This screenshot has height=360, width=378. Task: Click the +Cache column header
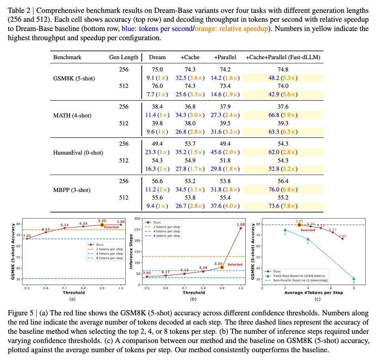point(190,57)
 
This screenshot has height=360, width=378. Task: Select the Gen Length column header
point(124,57)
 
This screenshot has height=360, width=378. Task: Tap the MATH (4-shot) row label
point(72,116)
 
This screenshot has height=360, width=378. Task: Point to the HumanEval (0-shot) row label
point(78,153)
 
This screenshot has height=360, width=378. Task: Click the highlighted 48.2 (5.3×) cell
point(283,78)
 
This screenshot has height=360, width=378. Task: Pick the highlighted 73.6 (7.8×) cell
point(283,206)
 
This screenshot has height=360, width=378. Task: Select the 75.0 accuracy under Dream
point(157,70)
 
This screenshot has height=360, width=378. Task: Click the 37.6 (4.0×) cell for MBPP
point(225,206)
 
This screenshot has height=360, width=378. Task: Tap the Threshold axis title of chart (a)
point(74,293)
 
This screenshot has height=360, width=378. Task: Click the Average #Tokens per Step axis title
point(314,293)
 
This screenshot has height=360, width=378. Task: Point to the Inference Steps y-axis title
point(131,252)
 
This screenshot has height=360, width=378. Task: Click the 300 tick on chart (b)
point(137,218)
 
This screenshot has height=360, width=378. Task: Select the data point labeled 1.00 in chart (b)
point(241,228)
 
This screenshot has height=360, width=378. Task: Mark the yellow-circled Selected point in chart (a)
point(102,225)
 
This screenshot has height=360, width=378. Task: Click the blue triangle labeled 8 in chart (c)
point(354,278)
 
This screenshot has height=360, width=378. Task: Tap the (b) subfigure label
point(193,299)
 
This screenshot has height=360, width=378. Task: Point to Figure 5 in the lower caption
point(21,313)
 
